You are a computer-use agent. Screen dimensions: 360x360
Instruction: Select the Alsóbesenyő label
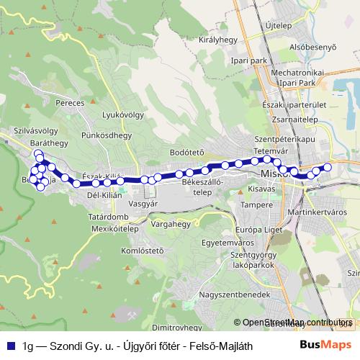(312, 48)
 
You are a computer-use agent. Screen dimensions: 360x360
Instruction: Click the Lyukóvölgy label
(121, 114)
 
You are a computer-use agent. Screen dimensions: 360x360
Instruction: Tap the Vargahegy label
(171, 224)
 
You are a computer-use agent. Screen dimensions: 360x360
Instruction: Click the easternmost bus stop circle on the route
(327, 168)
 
